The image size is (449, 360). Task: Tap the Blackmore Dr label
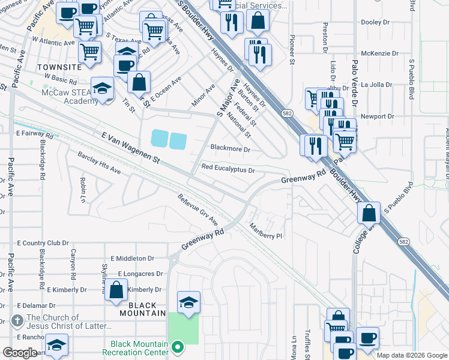coord(230,148)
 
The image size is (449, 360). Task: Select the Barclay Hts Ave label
coord(99,163)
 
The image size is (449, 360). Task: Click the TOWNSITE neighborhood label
coord(58,68)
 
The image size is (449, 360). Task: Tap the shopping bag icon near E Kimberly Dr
coord(116,290)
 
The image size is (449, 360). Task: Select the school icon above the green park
coord(188,302)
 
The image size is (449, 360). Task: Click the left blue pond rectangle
coord(158,140)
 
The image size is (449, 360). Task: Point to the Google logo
coord(20,353)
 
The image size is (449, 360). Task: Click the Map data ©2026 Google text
coord(411,355)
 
